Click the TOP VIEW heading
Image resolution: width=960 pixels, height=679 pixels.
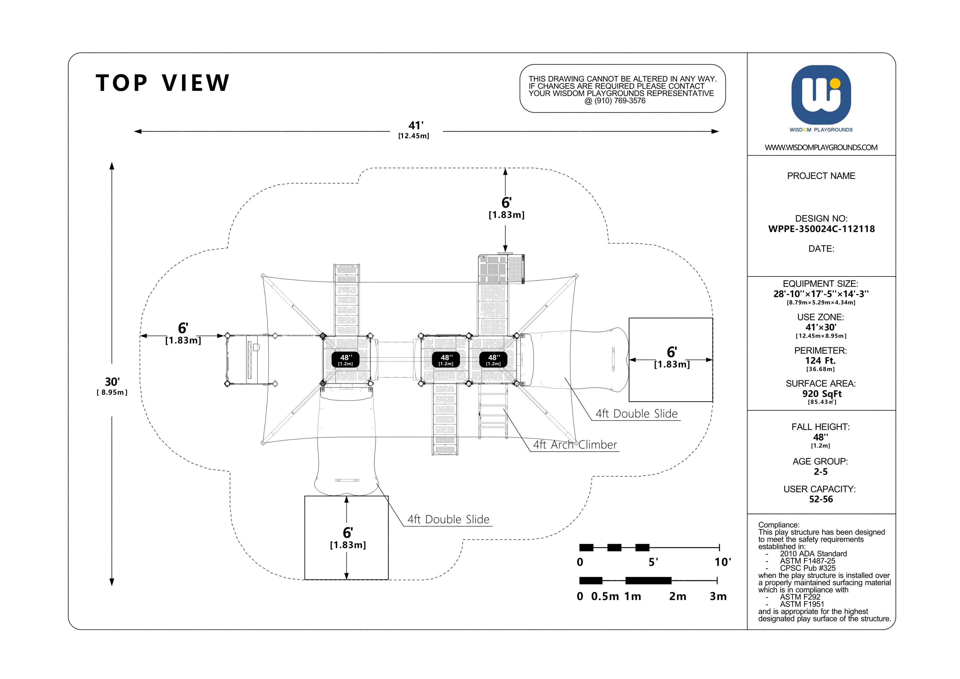point(163,83)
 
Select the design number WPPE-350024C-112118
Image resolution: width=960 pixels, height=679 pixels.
point(821,229)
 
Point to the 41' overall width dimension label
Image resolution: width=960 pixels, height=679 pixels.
point(416,125)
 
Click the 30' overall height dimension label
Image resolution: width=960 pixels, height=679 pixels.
point(112,382)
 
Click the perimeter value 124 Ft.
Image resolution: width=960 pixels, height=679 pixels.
point(820,360)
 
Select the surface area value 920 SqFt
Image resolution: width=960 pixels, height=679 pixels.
point(821,393)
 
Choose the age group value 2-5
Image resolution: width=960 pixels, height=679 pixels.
point(821,472)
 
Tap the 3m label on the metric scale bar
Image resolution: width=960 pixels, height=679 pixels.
point(718,596)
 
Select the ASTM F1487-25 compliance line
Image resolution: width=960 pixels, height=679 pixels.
point(807,561)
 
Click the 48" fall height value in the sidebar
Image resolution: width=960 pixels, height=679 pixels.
point(821,437)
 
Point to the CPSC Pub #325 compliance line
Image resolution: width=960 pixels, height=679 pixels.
point(807,568)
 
